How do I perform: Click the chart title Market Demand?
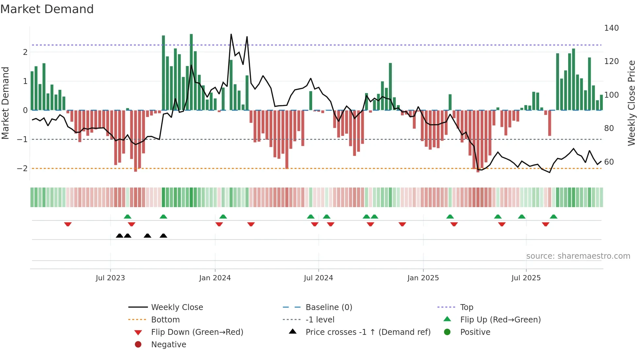(47, 9)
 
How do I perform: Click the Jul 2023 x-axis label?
(110, 278)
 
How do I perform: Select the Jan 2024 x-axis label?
(215, 278)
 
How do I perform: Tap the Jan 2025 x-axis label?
(423, 278)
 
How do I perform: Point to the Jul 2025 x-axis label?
(526, 278)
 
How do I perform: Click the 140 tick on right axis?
(611, 28)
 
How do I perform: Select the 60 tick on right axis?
(609, 162)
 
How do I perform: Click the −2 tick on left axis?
(22, 169)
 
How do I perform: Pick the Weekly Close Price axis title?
(632, 103)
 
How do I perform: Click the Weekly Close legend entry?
(177, 307)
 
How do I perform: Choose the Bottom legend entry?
(165, 320)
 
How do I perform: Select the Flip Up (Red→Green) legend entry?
(500, 320)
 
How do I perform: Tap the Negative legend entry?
(168, 345)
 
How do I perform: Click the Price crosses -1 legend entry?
(368, 332)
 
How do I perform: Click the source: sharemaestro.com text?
(578, 256)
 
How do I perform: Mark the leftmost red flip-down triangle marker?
(68, 224)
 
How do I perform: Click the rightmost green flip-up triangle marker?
(553, 217)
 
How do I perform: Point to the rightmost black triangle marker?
(163, 236)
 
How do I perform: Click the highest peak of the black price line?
(231, 34)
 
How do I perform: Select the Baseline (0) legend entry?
(328, 307)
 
